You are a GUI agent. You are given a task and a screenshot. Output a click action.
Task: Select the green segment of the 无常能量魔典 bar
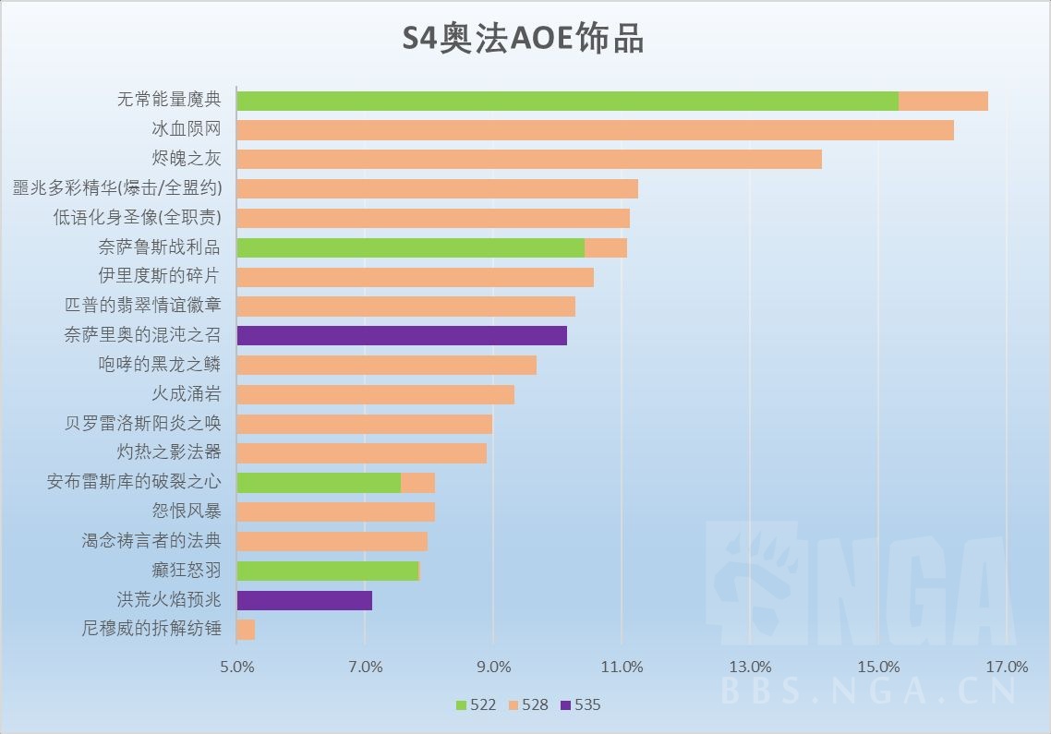tap(567, 101)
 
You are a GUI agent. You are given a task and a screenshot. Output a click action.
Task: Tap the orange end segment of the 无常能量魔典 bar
tap(943, 101)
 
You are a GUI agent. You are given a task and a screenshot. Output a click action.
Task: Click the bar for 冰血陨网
tap(595, 130)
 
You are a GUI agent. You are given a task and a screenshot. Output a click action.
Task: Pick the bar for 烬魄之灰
tap(529, 159)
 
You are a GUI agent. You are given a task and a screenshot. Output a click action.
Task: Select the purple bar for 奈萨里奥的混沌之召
tap(402, 335)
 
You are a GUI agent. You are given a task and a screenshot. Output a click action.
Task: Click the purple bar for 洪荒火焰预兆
tap(305, 600)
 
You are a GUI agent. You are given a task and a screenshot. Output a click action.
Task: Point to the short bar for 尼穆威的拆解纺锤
tap(246, 630)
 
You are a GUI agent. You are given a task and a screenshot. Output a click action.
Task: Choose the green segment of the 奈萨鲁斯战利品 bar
tap(411, 247)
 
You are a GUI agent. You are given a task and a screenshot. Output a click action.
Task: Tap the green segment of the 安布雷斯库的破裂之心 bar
tap(319, 483)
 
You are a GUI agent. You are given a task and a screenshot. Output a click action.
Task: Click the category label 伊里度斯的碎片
tap(160, 276)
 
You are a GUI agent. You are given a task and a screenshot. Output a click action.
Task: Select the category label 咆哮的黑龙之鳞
tap(160, 365)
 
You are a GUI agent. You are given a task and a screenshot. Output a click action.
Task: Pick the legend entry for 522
tap(476, 705)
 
